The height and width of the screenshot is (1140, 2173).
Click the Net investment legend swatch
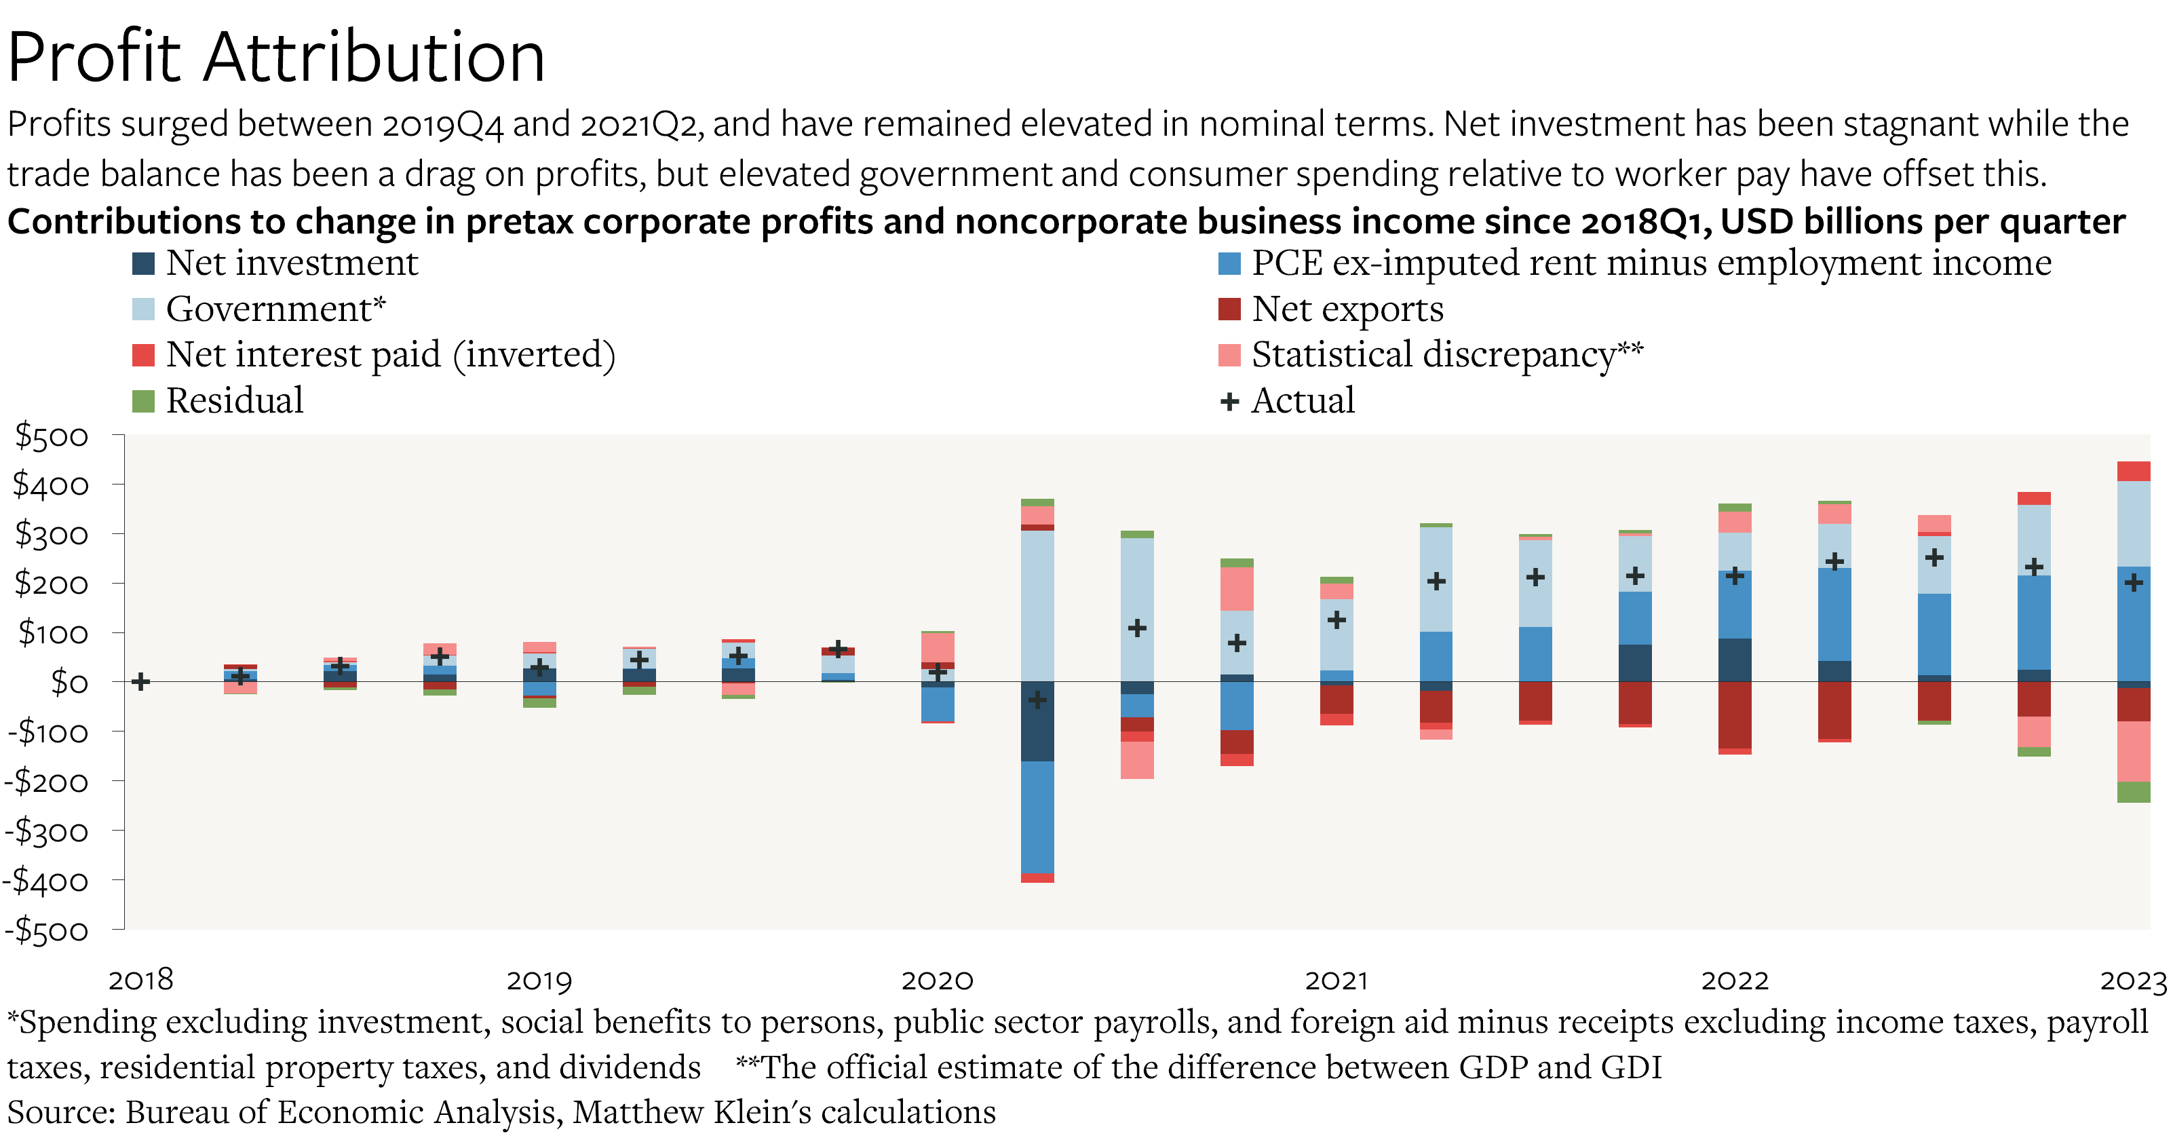point(143,264)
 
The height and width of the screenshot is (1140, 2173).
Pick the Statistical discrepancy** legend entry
point(1446,354)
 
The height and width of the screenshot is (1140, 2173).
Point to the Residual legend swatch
point(143,401)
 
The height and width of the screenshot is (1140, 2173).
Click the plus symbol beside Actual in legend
point(1229,402)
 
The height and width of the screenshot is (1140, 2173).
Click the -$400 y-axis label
point(46,881)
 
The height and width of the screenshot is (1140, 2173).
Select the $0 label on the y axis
point(69,682)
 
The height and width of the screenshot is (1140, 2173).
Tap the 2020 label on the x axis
point(936,981)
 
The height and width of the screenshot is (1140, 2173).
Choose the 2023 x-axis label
point(2132,981)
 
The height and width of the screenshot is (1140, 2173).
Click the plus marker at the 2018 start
point(141,681)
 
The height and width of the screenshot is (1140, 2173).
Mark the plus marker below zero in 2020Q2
point(1037,700)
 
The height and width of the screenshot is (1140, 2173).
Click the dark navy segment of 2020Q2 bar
point(1037,721)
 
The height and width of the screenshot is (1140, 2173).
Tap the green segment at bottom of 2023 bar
point(2134,791)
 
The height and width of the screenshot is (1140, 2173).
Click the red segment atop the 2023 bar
point(2134,471)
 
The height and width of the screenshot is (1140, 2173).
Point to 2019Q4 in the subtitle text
point(442,125)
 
